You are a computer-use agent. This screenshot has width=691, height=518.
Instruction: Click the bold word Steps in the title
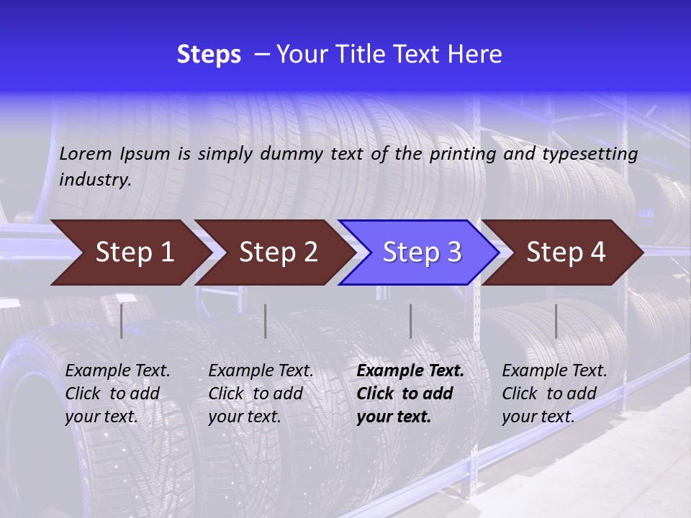pyautogui.click(x=209, y=54)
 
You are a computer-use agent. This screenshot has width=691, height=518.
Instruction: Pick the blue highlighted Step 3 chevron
pyautogui.click(x=422, y=253)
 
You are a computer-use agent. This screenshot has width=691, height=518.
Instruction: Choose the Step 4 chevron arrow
pyautogui.click(x=566, y=253)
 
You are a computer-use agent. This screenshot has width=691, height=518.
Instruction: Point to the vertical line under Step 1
pyautogui.click(x=122, y=321)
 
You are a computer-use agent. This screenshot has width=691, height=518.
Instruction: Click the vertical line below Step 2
pyautogui.click(x=266, y=321)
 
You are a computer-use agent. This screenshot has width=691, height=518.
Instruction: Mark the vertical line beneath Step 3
pyautogui.click(x=410, y=321)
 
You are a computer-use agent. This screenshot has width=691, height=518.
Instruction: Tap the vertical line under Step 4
pyautogui.click(x=556, y=321)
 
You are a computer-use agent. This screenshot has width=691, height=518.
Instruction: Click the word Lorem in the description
pyautogui.click(x=86, y=153)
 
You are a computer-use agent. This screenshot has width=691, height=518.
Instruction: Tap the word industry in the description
pyautogui.click(x=95, y=180)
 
